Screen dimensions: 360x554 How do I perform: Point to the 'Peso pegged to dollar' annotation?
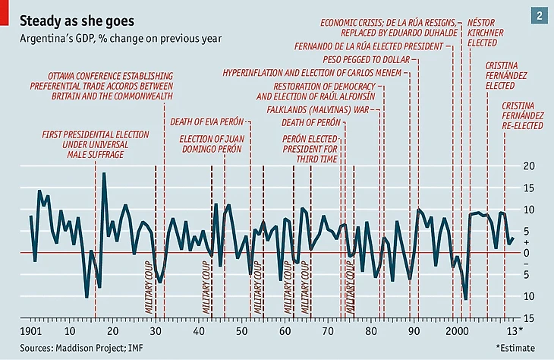(366, 58)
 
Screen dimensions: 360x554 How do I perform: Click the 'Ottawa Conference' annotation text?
(111, 87)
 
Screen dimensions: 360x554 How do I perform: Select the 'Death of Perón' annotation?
(310, 122)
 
